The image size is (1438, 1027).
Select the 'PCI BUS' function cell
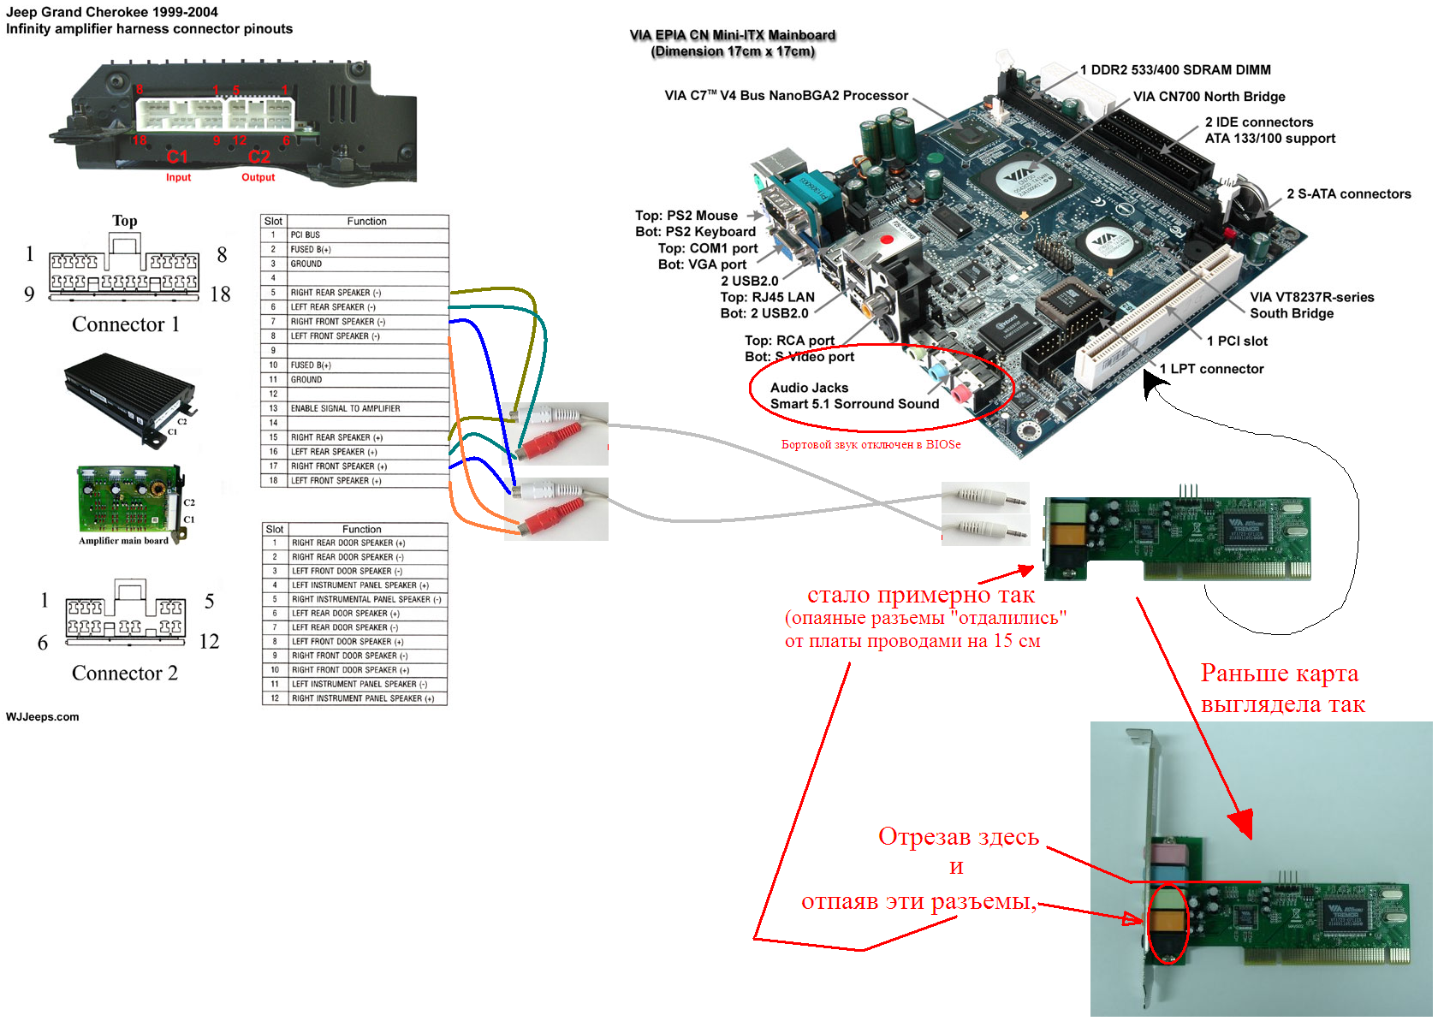306,234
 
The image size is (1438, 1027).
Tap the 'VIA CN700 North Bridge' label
1209,97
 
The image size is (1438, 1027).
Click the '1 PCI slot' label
1237,341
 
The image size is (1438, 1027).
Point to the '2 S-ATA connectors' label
1348,194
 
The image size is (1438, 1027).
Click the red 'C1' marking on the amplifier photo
177,157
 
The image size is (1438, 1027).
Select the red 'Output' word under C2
258,177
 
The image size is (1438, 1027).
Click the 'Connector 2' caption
125,674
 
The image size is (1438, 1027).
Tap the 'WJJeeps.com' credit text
43,717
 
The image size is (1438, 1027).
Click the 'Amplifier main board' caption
123,541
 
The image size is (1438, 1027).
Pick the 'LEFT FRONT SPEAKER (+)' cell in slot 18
336,481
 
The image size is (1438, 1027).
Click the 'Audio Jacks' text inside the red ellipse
809,388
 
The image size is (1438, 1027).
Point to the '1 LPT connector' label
1211,369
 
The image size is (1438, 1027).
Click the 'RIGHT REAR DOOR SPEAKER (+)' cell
348,543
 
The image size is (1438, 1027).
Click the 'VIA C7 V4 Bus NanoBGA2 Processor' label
786,96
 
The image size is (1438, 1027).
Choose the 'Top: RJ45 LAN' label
767,297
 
